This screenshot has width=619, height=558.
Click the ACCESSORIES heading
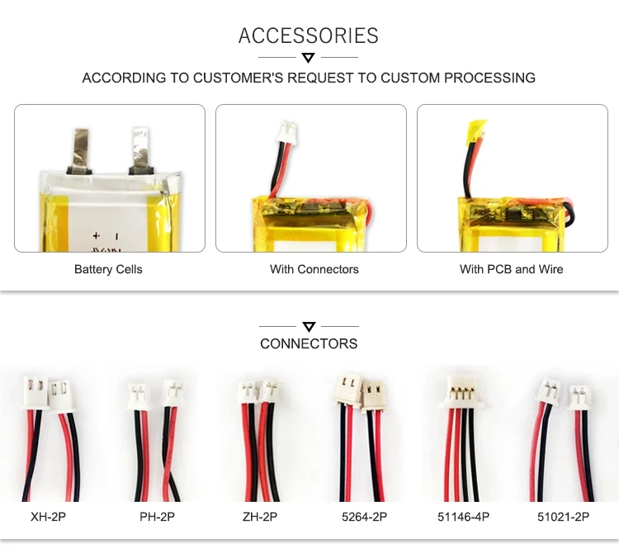pyautogui.click(x=309, y=35)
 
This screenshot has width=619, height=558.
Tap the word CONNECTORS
pyautogui.click(x=309, y=343)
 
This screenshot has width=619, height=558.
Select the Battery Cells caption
pyautogui.click(x=108, y=269)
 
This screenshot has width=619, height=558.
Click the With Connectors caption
pyautogui.click(x=314, y=269)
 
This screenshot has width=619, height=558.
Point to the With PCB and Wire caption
pyautogui.click(x=512, y=269)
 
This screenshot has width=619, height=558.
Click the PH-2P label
pyautogui.click(x=157, y=518)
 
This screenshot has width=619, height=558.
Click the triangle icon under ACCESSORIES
pyautogui.click(x=309, y=57)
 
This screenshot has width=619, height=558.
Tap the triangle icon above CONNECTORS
pyautogui.click(x=309, y=326)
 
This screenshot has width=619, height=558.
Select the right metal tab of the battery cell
pyautogui.click(x=138, y=149)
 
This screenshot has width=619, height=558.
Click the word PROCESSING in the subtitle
pyautogui.click(x=490, y=78)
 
